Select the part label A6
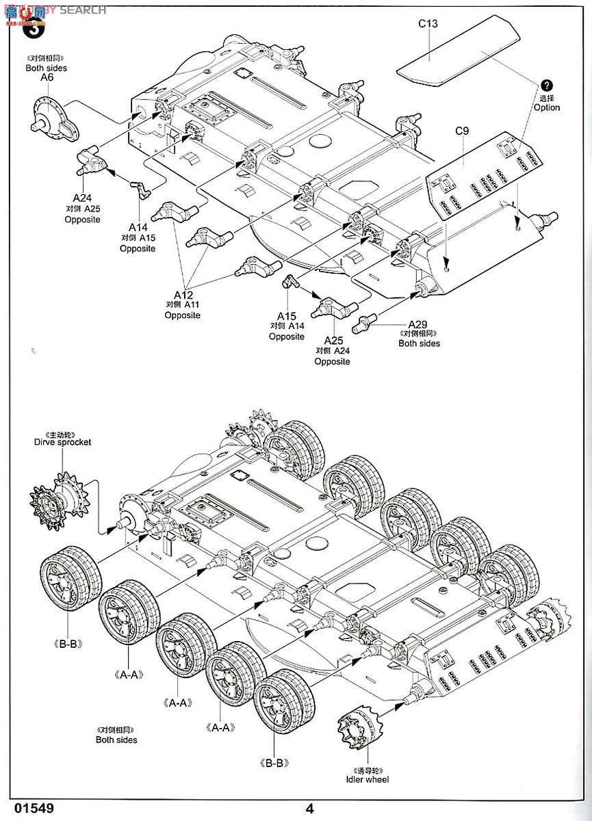tap(47, 78)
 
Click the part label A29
tap(418, 324)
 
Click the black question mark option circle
tap(545, 85)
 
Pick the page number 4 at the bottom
tap(310, 807)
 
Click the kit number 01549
tap(28, 807)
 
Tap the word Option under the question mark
tap(546, 107)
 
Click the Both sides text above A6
tap(47, 68)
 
